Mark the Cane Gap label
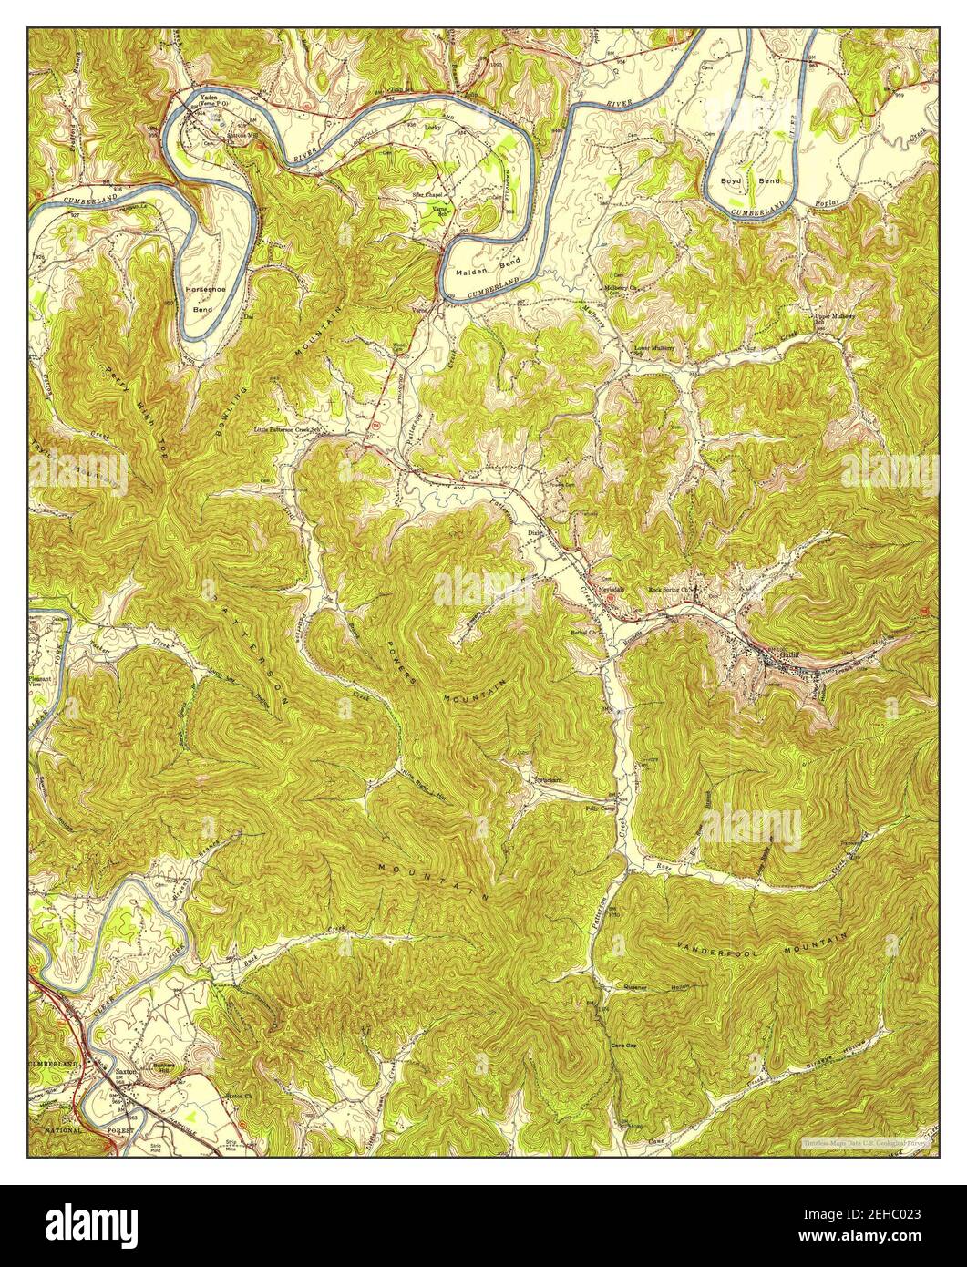(x=623, y=1046)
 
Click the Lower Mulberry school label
(x=654, y=348)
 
